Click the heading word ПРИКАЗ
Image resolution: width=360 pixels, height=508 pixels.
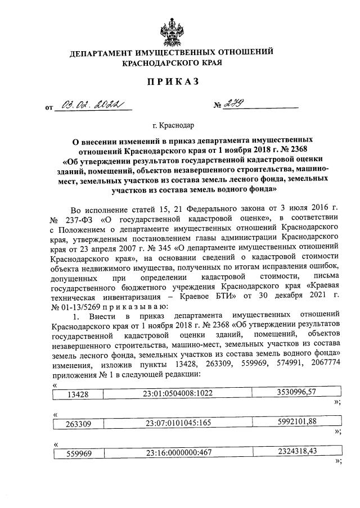coord(173,82)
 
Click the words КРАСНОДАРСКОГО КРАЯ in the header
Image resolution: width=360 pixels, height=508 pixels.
coord(172,63)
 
